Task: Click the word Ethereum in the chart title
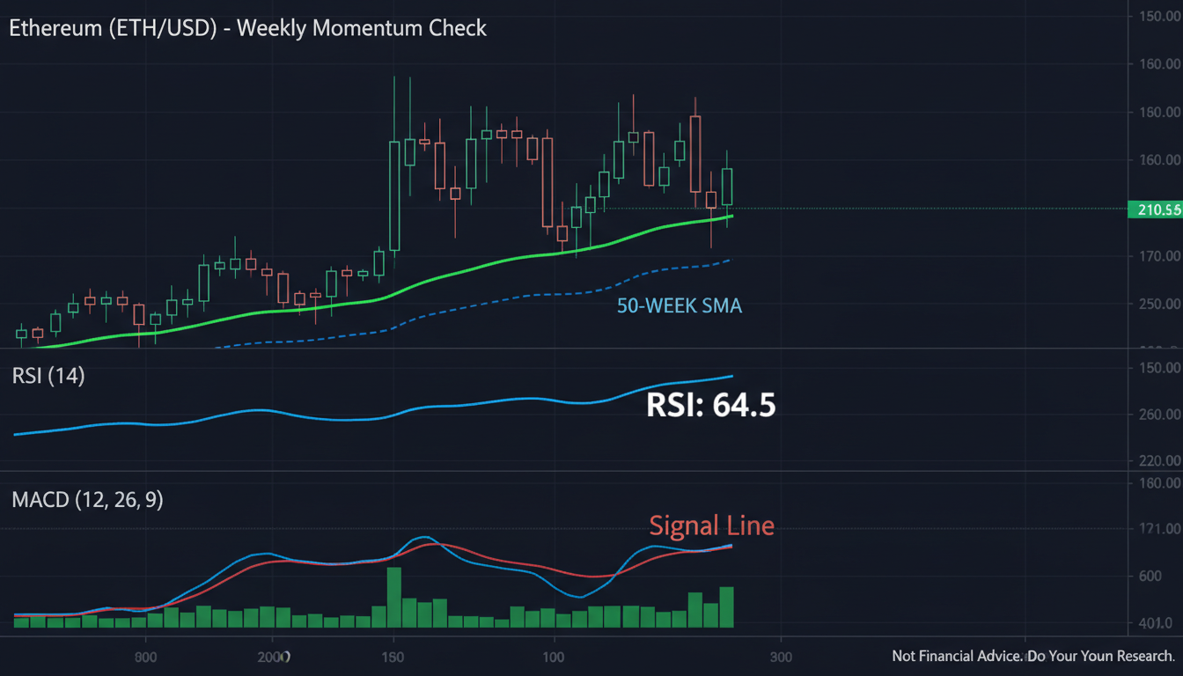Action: [x=53, y=28]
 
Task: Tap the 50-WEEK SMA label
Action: [x=679, y=307]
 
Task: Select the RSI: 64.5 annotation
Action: [x=710, y=405]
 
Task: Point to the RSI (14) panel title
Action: [x=48, y=376]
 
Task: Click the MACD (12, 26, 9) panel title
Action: [x=87, y=500]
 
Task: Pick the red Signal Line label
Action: [x=711, y=525]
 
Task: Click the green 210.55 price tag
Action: [x=1154, y=209]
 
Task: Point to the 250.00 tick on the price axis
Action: [x=1159, y=304]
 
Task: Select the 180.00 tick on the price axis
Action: [x=1159, y=112]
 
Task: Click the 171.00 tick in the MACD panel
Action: [x=1159, y=529]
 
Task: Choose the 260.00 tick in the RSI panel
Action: [x=1159, y=414]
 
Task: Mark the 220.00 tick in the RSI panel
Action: [x=1159, y=460]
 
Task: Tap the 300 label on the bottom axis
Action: [x=781, y=657]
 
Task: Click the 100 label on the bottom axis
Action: [x=554, y=657]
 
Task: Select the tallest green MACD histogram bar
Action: [x=394, y=598]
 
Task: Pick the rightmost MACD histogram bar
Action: [x=726, y=607]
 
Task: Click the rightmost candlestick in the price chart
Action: [x=727, y=187]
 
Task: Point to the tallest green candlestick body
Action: [x=394, y=195]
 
